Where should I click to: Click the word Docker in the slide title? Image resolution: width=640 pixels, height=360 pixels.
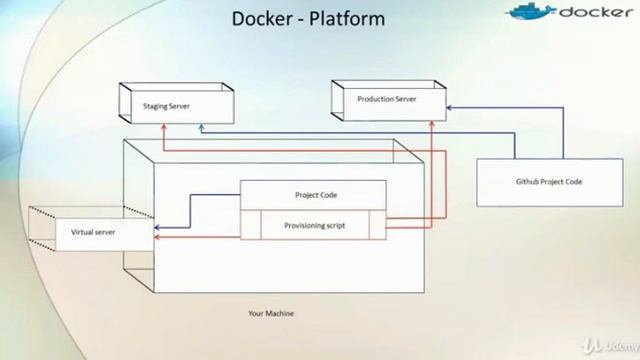pos(260,19)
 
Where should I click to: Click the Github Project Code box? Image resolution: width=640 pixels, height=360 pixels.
pos(548,182)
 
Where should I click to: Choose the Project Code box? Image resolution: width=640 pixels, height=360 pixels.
pos(314,195)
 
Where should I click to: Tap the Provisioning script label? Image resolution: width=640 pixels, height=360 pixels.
pos(314,226)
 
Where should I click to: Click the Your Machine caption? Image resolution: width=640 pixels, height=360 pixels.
pos(271,313)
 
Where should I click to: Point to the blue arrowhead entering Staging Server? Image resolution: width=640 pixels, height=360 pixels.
pos(200,128)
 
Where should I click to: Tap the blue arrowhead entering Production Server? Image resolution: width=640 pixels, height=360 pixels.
pos(448,106)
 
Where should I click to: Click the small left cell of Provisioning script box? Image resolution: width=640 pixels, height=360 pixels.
pos(251,226)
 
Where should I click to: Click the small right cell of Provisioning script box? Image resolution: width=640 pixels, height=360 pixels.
pos(376,226)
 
